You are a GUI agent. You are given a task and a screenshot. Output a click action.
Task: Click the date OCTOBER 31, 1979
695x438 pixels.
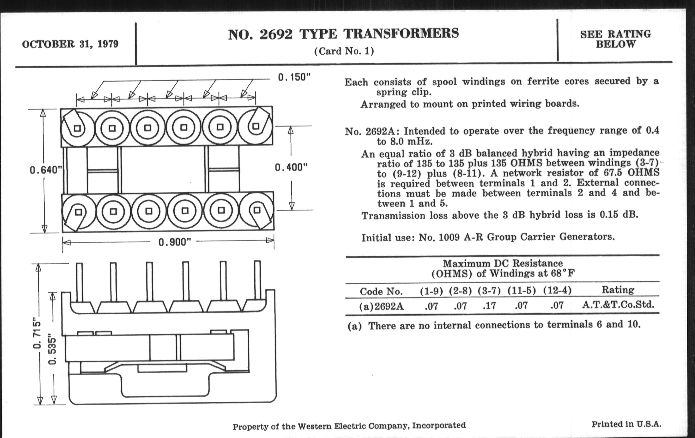70,44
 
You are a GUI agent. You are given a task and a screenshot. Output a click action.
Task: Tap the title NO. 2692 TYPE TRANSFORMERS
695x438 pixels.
343,34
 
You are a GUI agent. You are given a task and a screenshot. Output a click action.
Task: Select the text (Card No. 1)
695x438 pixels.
344,51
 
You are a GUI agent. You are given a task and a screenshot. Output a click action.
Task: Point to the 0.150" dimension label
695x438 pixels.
294,78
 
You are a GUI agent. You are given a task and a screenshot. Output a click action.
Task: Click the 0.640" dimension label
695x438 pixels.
46,170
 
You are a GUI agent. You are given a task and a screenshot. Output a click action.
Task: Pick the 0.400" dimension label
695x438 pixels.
291,167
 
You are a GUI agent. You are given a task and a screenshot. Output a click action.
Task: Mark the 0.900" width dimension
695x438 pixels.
175,242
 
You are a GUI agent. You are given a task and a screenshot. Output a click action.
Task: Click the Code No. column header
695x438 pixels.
381,291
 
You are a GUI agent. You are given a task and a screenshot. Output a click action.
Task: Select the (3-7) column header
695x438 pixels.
489,291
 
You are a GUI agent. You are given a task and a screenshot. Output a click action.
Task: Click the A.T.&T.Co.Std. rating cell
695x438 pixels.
618,305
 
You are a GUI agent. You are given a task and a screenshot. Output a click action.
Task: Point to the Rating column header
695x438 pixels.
618,290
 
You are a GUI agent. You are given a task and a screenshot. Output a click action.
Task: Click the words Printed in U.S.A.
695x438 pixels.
626,424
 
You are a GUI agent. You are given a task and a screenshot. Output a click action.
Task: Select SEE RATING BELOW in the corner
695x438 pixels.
616,39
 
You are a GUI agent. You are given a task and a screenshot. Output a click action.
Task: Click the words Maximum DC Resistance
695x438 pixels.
503,263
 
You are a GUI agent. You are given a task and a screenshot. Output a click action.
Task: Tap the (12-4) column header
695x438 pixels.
557,291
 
